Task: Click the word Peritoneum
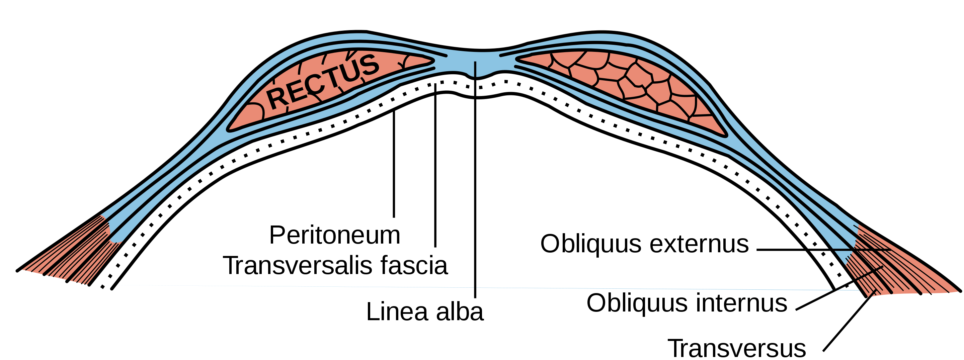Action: (x=335, y=236)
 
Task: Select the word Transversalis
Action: (x=298, y=265)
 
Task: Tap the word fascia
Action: (x=414, y=265)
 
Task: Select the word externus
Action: (x=699, y=244)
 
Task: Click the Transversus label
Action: (x=737, y=348)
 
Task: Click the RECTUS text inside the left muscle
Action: (x=323, y=82)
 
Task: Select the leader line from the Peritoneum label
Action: (x=394, y=164)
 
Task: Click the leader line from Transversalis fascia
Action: (x=435, y=165)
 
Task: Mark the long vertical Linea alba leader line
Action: (x=475, y=180)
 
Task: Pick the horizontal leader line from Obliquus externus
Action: (x=823, y=250)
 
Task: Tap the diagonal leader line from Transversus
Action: (x=850, y=322)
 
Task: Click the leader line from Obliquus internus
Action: (x=840, y=288)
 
